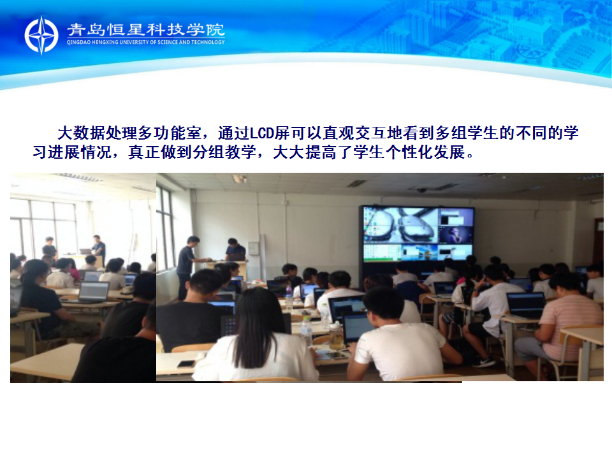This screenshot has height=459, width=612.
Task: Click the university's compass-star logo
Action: click(41, 35)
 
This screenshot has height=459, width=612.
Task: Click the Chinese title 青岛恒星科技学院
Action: click(146, 30)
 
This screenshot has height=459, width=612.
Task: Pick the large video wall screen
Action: click(417, 234)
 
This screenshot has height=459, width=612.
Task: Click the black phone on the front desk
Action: click(187, 364)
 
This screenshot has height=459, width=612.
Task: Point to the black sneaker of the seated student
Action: click(484, 362)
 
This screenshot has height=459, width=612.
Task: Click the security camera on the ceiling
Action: click(421, 190)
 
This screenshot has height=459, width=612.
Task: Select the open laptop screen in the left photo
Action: click(94, 291)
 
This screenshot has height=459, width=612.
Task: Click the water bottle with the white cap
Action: click(307, 331)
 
